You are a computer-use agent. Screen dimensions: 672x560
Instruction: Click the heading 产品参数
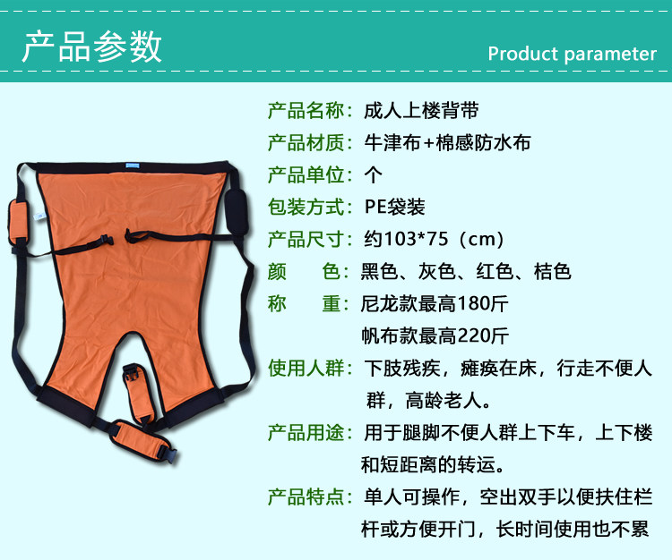point(92,47)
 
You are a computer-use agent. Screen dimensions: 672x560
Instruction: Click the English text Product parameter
point(573,55)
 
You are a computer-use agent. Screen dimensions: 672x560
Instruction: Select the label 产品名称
point(306,110)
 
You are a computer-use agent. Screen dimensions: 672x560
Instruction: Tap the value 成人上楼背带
point(421,110)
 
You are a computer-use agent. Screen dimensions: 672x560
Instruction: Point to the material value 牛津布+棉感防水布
point(447,142)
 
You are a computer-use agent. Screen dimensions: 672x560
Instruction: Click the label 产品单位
point(306,175)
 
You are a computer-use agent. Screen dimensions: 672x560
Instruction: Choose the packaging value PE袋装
point(395,207)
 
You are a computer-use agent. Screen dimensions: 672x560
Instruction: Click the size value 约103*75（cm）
point(434,239)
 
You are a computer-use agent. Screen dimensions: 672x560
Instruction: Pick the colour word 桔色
point(553,271)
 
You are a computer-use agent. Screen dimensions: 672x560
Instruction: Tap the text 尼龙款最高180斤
point(435,304)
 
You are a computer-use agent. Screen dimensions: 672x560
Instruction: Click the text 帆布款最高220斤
point(435,335)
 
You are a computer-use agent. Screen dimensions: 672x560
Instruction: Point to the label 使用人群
point(306,368)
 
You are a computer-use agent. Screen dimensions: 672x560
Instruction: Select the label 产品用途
point(306,432)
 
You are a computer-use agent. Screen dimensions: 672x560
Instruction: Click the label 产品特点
point(306,497)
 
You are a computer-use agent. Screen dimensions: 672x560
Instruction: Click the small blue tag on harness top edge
point(133,165)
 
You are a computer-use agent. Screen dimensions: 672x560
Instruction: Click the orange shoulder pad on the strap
point(19,223)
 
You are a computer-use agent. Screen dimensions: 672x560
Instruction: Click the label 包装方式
point(306,207)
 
